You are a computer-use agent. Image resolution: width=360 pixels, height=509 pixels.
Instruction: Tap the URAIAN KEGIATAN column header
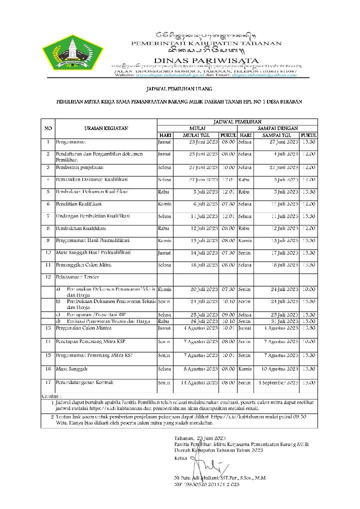106,128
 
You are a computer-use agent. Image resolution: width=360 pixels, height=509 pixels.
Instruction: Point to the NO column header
48,128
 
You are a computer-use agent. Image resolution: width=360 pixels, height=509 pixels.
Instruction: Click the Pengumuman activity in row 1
73,142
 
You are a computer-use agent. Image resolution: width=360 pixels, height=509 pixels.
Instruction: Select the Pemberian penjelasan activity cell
79,167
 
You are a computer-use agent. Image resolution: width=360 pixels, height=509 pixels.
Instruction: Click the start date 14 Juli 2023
202,253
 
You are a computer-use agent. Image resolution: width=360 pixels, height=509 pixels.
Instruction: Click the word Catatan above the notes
48,395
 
